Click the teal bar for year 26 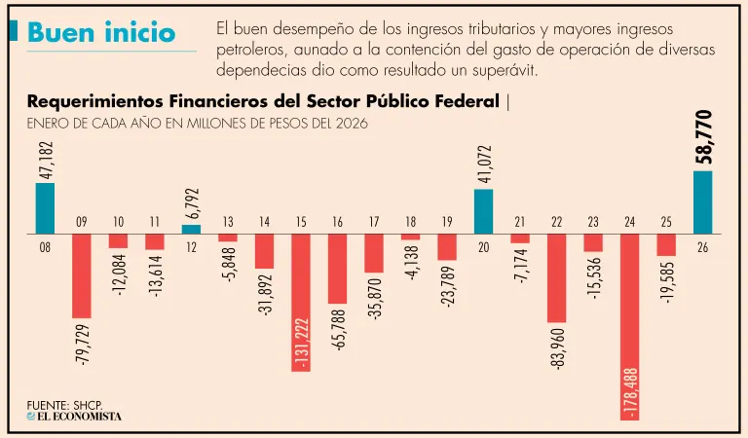[x=702, y=202]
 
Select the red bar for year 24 [x=629, y=326]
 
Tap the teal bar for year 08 [x=45, y=208]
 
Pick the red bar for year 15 [x=301, y=302]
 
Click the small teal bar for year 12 [x=191, y=230]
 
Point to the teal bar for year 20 [x=483, y=211]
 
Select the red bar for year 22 [x=556, y=278]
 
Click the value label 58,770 [x=704, y=137]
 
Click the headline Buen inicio [x=101, y=31]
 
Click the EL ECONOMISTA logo [x=74, y=417]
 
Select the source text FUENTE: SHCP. [x=64, y=403]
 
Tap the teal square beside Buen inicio [x=13, y=31]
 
